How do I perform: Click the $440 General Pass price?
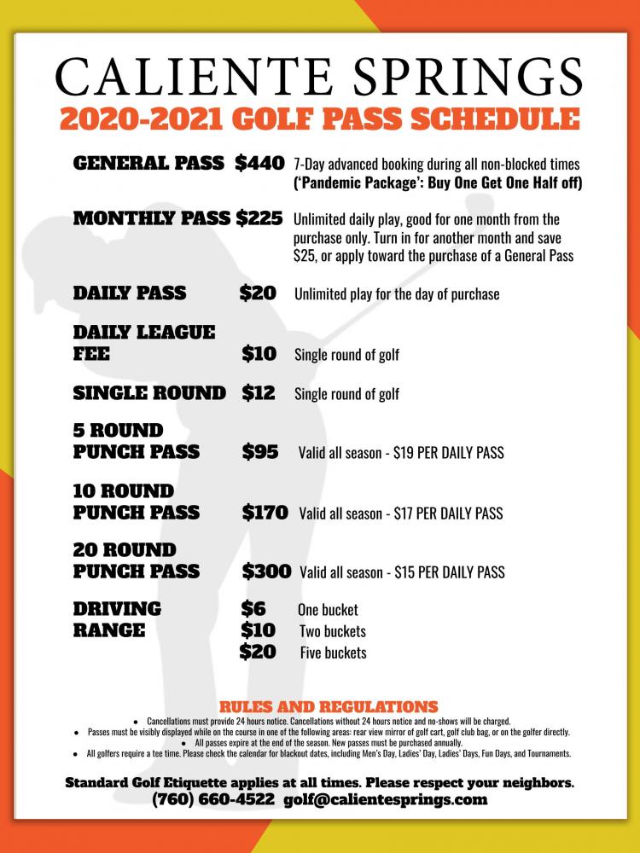(x=259, y=163)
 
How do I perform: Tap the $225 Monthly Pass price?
(x=259, y=218)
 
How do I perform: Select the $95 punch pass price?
(x=260, y=452)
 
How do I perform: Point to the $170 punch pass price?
(x=265, y=513)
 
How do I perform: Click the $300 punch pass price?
(x=266, y=572)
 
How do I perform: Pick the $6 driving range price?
(x=253, y=609)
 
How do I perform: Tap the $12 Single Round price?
(x=259, y=393)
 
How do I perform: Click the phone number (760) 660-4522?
(x=213, y=800)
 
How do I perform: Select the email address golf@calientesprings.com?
(x=386, y=800)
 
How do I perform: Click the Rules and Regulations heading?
(x=329, y=707)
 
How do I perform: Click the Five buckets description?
(x=333, y=653)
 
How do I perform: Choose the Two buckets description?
(x=332, y=632)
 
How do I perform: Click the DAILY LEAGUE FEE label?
(x=143, y=343)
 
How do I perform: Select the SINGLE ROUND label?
(x=149, y=393)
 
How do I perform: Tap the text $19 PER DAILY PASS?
(x=449, y=453)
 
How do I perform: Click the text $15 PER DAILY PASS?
(x=450, y=572)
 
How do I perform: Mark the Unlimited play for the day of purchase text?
(x=397, y=295)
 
